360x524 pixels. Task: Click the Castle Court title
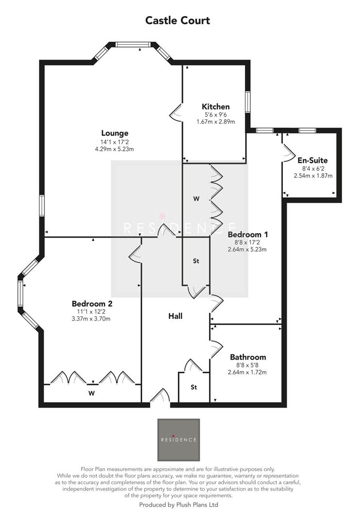(x=178, y=20)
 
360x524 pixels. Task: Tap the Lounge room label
(x=115, y=133)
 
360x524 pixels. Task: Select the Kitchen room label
(x=215, y=107)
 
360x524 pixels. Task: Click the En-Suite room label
(x=313, y=160)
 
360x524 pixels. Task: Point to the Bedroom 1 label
(x=247, y=234)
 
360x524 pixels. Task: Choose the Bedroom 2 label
(x=92, y=304)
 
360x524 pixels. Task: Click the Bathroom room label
(x=247, y=357)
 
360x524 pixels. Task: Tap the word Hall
(x=175, y=316)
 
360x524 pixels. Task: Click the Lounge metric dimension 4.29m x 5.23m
(x=115, y=149)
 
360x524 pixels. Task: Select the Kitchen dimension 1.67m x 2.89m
(x=215, y=122)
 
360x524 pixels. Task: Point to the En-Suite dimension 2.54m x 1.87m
(x=313, y=176)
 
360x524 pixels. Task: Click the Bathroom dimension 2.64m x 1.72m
(x=247, y=372)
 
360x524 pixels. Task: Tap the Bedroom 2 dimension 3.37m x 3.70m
(x=92, y=319)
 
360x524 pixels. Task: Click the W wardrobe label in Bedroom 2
(x=91, y=393)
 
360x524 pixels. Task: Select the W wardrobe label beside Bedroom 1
(x=196, y=198)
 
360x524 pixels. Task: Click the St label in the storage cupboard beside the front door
(x=194, y=387)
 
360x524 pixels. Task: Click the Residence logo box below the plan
(x=179, y=440)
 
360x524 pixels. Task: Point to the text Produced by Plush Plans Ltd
(x=179, y=505)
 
